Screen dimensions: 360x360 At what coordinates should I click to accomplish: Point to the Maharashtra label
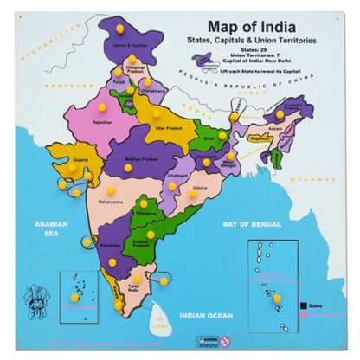point(111,202)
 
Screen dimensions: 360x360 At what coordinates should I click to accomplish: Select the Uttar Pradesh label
point(170,128)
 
